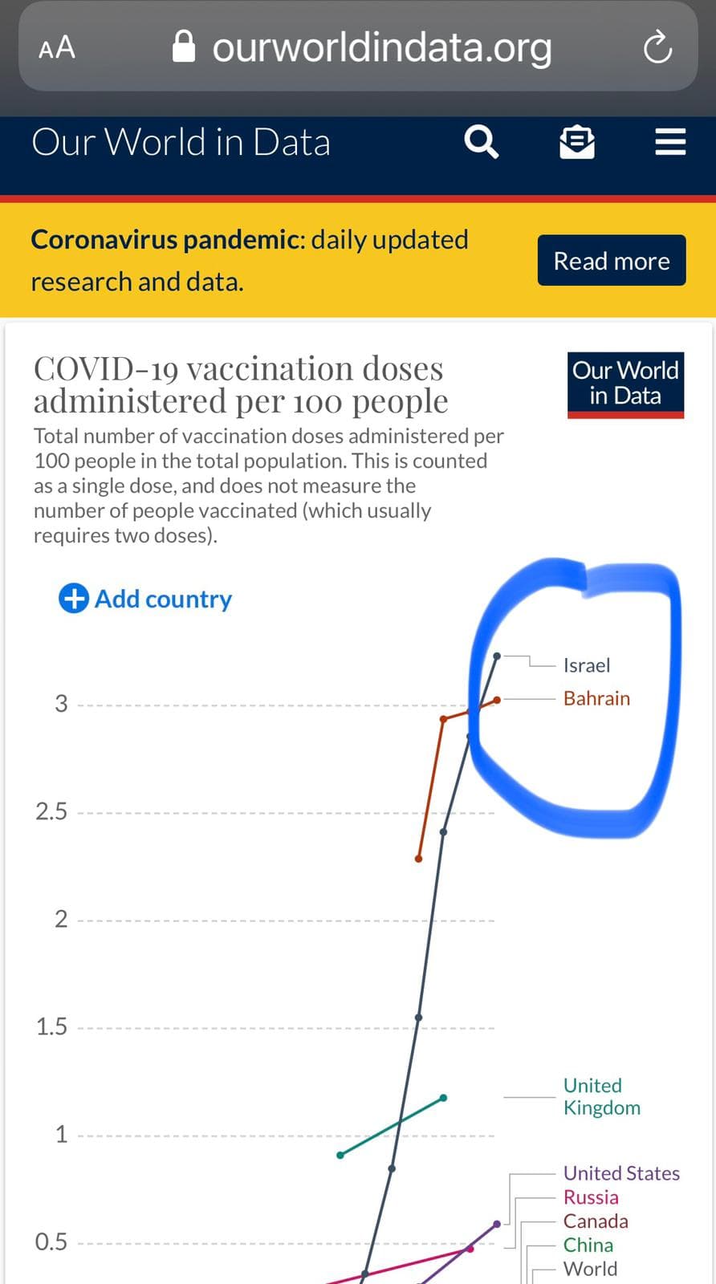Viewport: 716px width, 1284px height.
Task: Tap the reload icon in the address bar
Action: (x=657, y=47)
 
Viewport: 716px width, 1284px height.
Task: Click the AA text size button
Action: (x=57, y=47)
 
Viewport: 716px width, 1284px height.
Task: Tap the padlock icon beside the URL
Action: (x=184, y=47)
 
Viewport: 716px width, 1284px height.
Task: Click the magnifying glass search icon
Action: (x=481, y=141)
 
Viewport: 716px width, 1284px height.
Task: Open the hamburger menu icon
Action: (x=670, y=141)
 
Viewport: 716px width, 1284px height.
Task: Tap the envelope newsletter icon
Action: (x=576, y=141)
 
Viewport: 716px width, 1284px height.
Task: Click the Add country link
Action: (x=145, y=599)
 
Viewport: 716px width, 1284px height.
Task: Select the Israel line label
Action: (x=587, y=665)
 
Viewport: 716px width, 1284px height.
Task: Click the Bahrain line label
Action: (x=596, y=699)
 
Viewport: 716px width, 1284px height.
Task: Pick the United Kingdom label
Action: (x=602, y=1097)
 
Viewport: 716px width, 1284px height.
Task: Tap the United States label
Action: (x=621, y=1174)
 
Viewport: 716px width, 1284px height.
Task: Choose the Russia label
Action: (x=591, y=1198)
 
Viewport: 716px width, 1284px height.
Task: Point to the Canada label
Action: (x=596, y=1221)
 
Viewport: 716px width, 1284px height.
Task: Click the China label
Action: (x=588, y=1245)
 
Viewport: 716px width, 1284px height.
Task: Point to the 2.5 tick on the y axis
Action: (x=51, y=812)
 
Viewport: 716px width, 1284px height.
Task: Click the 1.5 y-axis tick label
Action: (x=51, y=1027)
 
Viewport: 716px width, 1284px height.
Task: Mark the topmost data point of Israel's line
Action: (x=497, y=656)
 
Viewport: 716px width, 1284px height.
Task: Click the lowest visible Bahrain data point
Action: (x=418, y=859)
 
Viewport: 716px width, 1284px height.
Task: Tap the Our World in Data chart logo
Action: (x=625, y=384)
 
